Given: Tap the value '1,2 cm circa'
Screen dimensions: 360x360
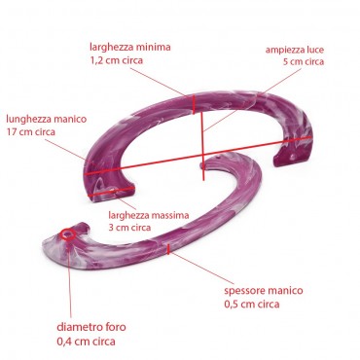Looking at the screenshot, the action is point(111,59).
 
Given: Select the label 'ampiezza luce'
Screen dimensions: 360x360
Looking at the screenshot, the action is point(295,49).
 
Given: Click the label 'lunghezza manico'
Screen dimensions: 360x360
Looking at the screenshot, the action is point(47,118).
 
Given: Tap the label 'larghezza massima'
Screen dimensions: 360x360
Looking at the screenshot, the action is point(149,213).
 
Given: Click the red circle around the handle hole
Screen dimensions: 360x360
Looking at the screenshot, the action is point(68,234).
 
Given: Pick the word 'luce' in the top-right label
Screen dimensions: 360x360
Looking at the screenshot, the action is point(316,49).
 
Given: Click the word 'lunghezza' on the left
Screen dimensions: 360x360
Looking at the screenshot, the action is point(29,118).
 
